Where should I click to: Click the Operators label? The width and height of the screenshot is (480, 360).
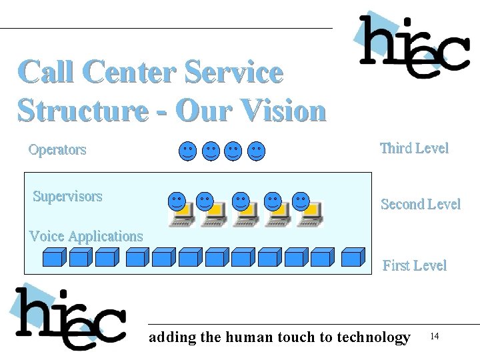pos(57,149)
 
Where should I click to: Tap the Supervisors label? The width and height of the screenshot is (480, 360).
pos(67,196)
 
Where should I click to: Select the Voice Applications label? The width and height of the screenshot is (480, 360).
pos(86,236)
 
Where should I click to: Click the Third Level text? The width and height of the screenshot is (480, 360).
pos(414,148)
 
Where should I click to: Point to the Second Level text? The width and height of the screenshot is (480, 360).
pos(420,204)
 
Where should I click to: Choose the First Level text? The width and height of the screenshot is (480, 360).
pos(414,265)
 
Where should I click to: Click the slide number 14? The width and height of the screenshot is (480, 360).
pos(435,335)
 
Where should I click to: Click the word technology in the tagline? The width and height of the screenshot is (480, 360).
pos(373,337)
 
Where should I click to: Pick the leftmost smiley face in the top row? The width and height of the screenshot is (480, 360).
pos(188,151)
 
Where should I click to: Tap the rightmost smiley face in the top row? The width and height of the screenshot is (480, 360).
pos(256,151)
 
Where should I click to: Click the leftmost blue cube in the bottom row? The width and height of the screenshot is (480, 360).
pos(53,257)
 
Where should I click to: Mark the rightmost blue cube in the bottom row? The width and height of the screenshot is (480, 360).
pos(353,257)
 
